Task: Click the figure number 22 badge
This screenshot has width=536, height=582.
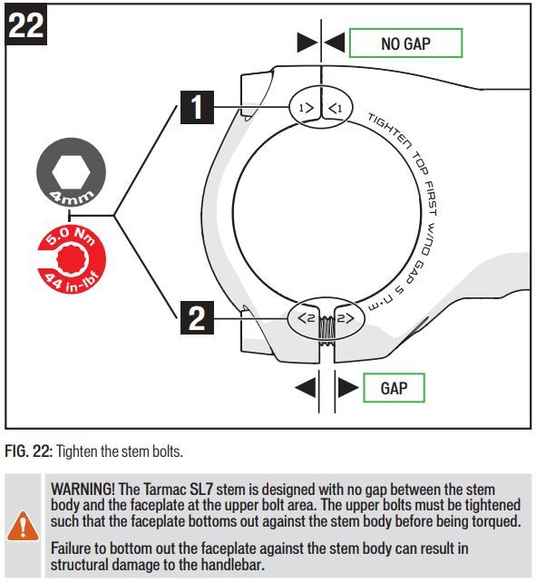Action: tap(26, 24)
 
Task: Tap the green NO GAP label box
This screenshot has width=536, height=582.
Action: tap(405, 43)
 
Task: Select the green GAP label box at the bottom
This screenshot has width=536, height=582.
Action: tap(394, 388)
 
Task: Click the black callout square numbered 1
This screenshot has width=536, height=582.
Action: tap(197, 107)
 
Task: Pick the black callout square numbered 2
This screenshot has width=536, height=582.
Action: tap(197, 317)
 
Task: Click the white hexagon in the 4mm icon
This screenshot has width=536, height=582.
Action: tap(72, 172)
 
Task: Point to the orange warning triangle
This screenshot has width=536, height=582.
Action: tap(23, 526)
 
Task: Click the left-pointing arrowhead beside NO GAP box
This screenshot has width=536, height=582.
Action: tap(335, 42)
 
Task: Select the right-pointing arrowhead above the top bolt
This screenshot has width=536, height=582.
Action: tap(307, 42)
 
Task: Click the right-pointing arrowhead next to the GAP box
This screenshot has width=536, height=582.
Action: tap(348, 387)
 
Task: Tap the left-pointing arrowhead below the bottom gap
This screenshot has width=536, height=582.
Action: tap(305, 387)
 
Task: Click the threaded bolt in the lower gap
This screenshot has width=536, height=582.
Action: tap(326, 330)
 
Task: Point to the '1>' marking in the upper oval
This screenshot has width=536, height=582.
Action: tap(307, 109)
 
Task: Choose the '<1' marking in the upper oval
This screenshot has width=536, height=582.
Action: tap(336, 109)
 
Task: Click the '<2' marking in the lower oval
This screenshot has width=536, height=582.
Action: tap(307, 318)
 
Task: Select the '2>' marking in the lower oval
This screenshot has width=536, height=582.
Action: tap(346, 318)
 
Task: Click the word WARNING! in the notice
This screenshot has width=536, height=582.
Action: tap(83, 489)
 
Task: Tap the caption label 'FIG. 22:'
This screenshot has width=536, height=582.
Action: tap(29, 451)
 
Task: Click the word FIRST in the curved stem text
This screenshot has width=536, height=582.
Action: tap(431, 199)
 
